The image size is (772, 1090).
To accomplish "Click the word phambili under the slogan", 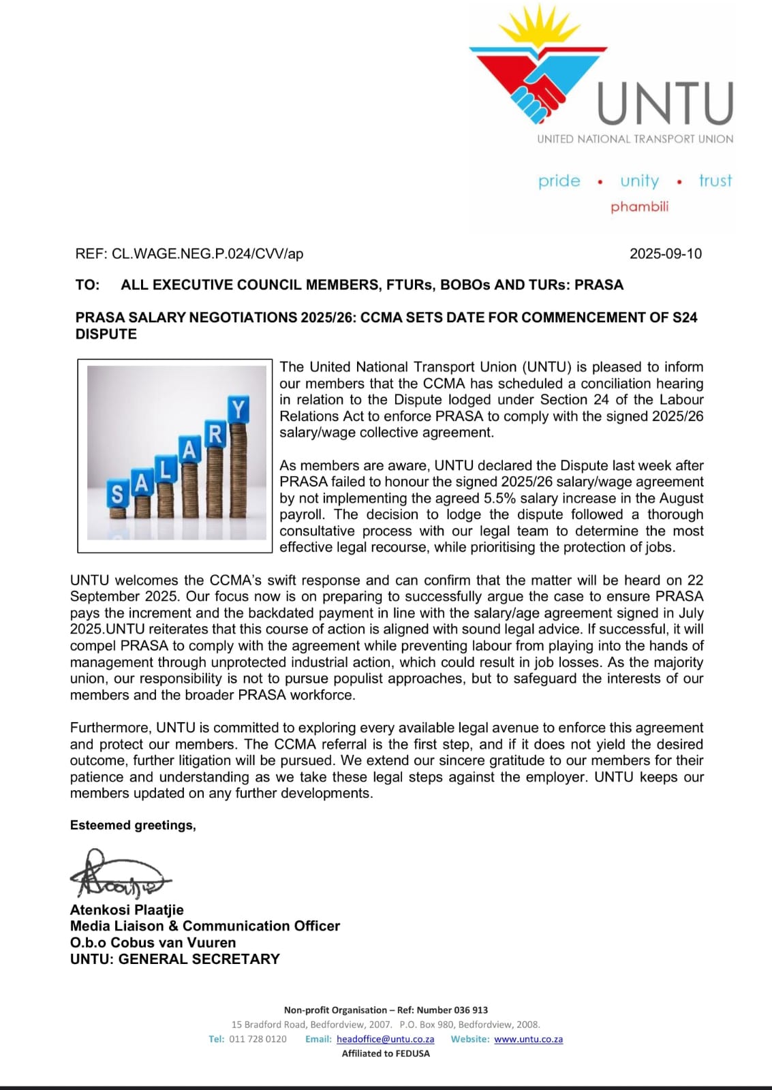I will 639,206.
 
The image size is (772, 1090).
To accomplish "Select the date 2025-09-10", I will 665,254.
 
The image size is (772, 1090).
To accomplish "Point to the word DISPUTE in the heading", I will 106,334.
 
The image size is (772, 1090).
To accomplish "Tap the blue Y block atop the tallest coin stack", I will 238,410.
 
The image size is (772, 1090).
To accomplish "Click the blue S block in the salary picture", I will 117,493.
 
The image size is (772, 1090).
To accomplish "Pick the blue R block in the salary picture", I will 215,434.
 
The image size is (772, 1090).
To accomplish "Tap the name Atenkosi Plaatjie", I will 127,910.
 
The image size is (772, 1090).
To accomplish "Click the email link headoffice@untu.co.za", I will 385,1040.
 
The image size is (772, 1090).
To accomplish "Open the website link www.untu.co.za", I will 528,1040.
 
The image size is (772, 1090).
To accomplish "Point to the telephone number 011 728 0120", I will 258,1040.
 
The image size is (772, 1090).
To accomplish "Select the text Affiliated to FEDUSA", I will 386,1054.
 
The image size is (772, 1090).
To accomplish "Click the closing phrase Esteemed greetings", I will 133,826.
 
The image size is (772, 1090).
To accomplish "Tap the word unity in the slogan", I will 639,181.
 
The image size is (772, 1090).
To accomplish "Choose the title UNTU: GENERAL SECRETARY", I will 175,959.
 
